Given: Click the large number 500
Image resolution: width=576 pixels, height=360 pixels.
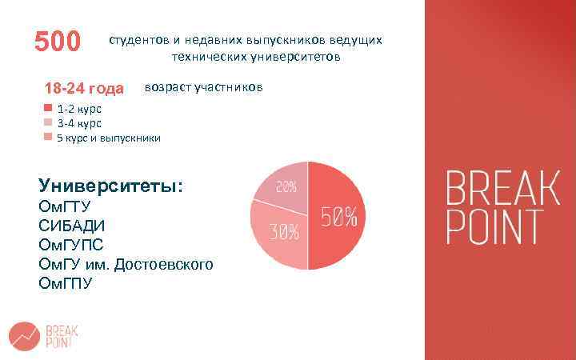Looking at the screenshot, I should tap(58, 41).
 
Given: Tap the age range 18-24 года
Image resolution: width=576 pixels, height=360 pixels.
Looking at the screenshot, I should tap(84, 88).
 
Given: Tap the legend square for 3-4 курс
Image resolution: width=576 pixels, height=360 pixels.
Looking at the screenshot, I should tap(48, 123).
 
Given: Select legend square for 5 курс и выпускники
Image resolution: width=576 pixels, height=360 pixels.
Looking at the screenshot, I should tap(48, 138).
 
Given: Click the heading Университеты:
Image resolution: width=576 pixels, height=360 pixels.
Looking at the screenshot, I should tap(111, 186).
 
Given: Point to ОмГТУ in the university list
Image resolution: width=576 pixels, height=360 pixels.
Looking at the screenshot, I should tap(65, 206).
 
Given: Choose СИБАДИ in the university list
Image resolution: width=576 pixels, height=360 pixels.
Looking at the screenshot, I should tap(72, 226).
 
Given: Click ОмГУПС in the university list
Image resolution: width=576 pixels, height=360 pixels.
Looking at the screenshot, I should tap(71, 245).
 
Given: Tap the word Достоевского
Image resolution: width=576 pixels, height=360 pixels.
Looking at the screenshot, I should tap(163, 264).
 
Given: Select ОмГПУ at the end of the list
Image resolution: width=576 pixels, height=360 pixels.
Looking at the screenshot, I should tap(66, 283).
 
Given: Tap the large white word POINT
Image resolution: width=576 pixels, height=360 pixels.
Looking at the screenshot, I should tap(494, 227).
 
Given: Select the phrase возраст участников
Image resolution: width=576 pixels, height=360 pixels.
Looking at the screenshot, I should tap(202, 86).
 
